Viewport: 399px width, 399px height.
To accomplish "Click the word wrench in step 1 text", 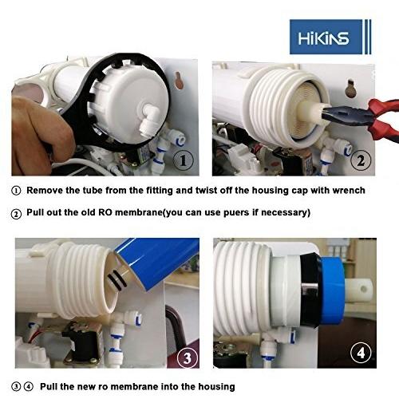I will tap(346, 191).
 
